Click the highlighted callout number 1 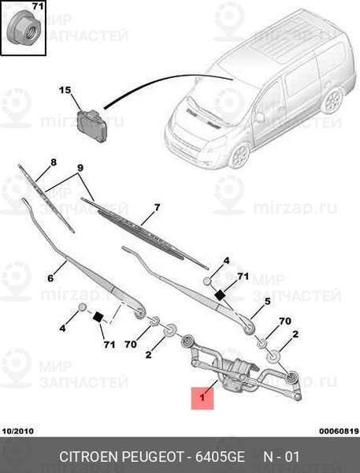pyautogui.click(x=202, y=397)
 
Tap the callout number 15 pyautogui.click(x=65, y=90)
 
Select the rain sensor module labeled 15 pyautogui.click(x=91, y=124)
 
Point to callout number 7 pyautogui.click(x=157, y=207)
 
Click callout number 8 pyautogui.click(x=54, y=162)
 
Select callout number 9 pyautogui.click(x=80, y=168)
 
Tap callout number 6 pyautogui.click(x=50, y=277)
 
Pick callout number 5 pyautogui.click(x=267, y=301)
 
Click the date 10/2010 pyautogui.click(x=18, y=431)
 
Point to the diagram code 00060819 pyautogui.click(x=339, y=431)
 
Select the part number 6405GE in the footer pyautogui.click(x=220, y=456)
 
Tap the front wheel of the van pyautogui.click(x=240, y=155)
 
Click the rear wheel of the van pyautogui.click(x=332, y=101)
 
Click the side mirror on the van pyautogui.click(x=259, y=117)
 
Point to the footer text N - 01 pyautogui.click(x=281, y=456)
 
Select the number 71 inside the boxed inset pyautogui.click(x=38, y=6)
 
